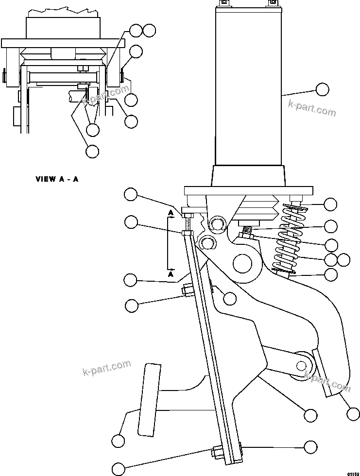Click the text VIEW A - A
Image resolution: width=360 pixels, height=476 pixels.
click(x=57, y=179)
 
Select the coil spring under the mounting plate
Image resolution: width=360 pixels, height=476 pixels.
click(x=290, y=238)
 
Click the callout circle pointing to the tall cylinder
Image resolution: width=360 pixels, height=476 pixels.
click(x=322, y=89)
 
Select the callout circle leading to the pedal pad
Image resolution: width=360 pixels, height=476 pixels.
click(x=118, y=441)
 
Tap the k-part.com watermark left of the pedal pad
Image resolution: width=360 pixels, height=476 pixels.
click(x=106, y=368)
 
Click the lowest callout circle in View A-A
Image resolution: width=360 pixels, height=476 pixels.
click(x=92, y=151)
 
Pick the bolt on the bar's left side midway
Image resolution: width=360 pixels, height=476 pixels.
click(x=187, y=291)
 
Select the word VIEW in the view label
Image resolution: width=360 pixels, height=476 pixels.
click(x=45, y=179)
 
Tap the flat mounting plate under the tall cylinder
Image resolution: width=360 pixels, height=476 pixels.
click(x=248, y=190)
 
